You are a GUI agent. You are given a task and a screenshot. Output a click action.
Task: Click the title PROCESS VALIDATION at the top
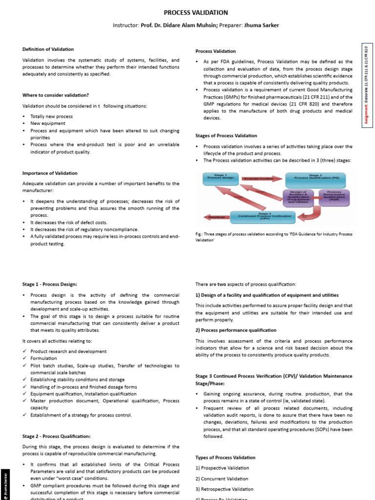click(188, 13)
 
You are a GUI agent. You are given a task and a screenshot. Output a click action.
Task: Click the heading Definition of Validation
click(48, 49)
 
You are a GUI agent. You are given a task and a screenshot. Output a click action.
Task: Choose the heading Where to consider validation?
click(56, 95)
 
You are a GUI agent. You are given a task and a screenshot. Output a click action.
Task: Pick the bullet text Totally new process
click(51, 117)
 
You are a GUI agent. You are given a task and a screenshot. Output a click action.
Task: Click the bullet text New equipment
click(47, 124)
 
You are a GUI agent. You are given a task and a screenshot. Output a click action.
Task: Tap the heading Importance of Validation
click(50, 173)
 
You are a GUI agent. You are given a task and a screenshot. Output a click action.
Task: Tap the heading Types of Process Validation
click(225, 458)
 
